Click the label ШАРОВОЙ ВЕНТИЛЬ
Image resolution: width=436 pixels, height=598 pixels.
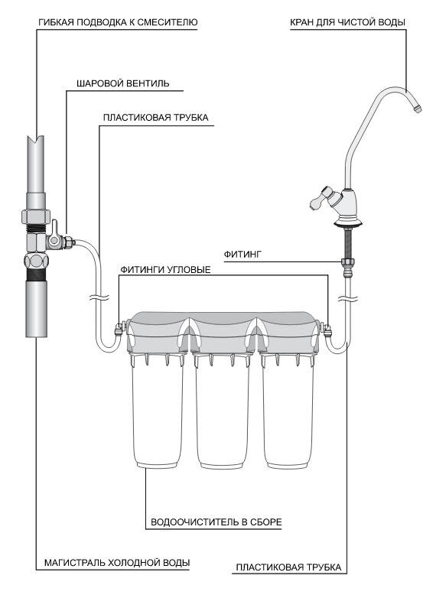(x=123, y=83)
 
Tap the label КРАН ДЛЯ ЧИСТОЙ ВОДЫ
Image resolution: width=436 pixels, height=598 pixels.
(x=347, y=22)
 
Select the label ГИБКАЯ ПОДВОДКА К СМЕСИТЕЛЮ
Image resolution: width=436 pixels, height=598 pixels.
(x=118, y=22)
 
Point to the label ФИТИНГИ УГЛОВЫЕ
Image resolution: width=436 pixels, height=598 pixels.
(x=165, y=270)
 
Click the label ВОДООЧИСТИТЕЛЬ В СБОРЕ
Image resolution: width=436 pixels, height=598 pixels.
(x=216, y=522)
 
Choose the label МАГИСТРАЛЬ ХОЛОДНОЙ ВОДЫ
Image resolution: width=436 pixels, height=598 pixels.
(x=117, y=563)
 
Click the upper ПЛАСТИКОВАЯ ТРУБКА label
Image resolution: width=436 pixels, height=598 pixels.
(x=155, y=117)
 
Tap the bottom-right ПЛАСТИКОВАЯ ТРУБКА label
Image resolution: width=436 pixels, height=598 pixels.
(x=288, y=567)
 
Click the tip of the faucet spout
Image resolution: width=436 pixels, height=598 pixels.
(x=418, y=109)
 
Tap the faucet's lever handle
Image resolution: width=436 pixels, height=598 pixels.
(x=320, y=198)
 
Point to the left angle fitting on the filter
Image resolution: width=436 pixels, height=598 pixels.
(x=120, y=328)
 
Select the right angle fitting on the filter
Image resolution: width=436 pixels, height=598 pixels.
(x=327, y=329)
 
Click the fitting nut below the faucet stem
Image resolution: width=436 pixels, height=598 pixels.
(x=348, y=264)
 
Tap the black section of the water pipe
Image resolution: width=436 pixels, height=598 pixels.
(x=37, y=275)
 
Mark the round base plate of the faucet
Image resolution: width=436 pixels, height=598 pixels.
(x=347, y=223)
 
